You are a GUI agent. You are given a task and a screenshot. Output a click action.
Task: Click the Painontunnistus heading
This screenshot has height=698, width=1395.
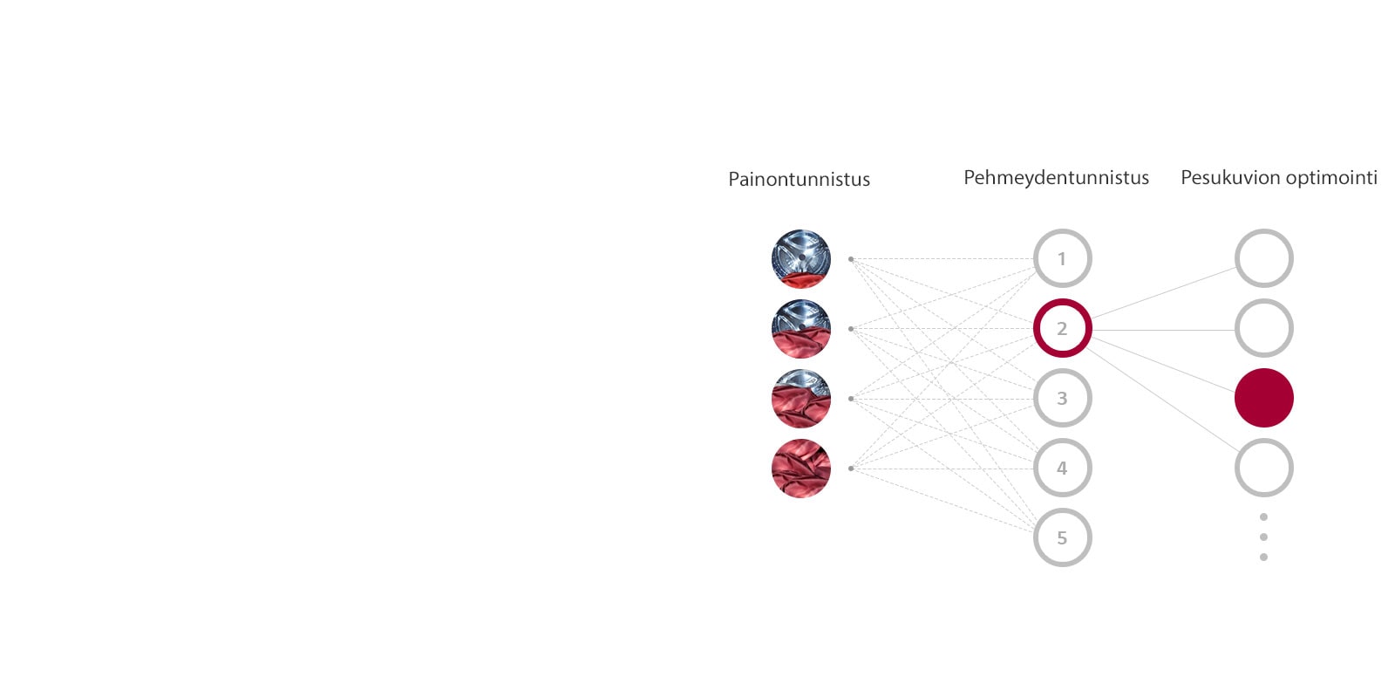pyautogui.click(x=799, y=180)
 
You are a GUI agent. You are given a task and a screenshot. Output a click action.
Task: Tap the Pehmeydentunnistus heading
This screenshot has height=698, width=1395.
pyautogui.click(x=1056, y=178)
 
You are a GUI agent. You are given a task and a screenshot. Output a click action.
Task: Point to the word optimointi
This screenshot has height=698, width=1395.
pyautogui.click(x=1331, y=178)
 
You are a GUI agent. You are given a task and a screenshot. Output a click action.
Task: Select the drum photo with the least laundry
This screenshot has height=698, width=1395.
pyautogui.click(x=801, y=259)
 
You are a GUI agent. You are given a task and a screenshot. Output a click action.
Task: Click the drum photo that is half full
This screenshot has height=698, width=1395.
pyautogui.click(x=801, y=329)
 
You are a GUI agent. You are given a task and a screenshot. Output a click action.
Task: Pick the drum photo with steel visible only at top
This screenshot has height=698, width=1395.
pyautogui.click(x=801, y=399)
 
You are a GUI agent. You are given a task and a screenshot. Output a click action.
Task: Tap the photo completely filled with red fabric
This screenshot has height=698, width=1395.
pyautogui.click(x=801, y=469)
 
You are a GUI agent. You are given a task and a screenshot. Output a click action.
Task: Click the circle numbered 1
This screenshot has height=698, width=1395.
pyautogui.click(x=1062, y=258)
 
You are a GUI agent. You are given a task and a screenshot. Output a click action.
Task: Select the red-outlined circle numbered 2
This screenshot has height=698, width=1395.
pyautogui.click(x=1062, y=328)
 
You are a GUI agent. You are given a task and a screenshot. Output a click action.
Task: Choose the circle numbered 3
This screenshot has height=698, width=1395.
pyautogui.click(x=1062, y=398)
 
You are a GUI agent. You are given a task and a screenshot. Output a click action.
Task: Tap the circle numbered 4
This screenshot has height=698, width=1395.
pyautogui.click(x=1062, y=468)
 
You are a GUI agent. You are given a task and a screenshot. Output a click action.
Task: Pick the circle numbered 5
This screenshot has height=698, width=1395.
pyautogui.click(x=1062, y=537)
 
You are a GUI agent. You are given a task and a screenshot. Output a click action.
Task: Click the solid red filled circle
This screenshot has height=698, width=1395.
pyautogui.click(x=1263, y=398)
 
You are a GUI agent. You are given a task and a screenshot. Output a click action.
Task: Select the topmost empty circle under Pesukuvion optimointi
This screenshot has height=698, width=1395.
pyautogui.click(x=1263, y=258)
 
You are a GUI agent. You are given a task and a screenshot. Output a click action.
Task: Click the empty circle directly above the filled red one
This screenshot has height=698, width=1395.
pyautogui.click(x=1263, y=328)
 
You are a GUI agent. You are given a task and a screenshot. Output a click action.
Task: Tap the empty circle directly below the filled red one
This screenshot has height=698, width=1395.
pyautogui.click(x=1263, y=468)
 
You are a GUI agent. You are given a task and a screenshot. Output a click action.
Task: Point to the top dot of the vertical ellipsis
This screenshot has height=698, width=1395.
pyautogui.click(x=1263, y=517)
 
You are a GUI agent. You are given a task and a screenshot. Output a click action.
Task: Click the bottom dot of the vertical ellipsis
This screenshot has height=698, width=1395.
pyautogui.click(x=1263, y=557)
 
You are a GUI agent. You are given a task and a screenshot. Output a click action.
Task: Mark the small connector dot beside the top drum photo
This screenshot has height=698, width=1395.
pyautogui.click(x=851, y=259)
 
